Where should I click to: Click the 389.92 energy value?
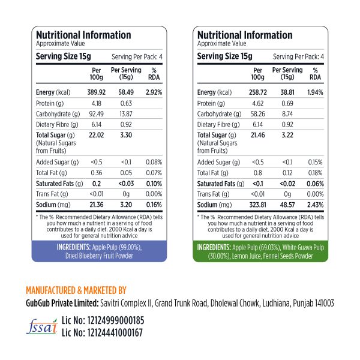pos(97,92)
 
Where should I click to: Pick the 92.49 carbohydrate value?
pos(97,113)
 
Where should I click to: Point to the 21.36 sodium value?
pos(97,205)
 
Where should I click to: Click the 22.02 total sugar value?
pos(97,136)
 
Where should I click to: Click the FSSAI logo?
pos(40,325)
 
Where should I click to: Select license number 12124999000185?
pos(103,320)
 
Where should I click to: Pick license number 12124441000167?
pos(103,332)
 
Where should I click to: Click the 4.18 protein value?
pos(97,103)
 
